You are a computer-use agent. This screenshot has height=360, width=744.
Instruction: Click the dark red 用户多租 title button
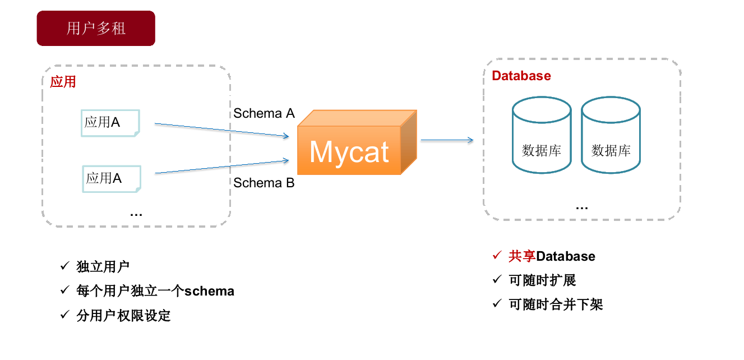coord(96,28)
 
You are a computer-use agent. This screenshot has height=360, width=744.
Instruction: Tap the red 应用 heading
coord(63,82)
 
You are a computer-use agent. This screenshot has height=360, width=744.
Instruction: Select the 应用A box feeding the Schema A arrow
coord(110,122)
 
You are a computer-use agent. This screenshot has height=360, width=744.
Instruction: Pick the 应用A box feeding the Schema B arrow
coord(112,178)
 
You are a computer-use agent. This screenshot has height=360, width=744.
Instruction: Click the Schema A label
coord(264,113)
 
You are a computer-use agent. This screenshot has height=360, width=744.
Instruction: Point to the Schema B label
coord(264,183)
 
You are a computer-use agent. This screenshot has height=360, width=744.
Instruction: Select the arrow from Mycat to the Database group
coord(447,140)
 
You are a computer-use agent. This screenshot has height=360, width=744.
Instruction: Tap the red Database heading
coord(521,76)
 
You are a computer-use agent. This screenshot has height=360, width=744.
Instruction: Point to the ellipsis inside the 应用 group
coord(136,214)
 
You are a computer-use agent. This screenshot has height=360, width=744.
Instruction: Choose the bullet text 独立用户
coord(103,267)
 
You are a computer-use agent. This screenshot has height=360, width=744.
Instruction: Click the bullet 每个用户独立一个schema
coord(155,291)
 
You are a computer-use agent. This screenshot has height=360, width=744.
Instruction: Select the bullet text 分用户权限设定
coord(123,316)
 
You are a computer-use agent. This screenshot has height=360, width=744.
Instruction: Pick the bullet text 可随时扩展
coord(542,280)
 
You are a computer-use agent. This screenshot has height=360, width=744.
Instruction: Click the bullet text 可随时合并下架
coord(556,304)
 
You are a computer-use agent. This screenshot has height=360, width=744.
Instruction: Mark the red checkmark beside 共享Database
coord(497,256)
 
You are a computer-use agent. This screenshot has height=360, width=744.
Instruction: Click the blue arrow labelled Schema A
coord(221,130)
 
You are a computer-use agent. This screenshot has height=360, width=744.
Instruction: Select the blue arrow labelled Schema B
coord(221,167)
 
